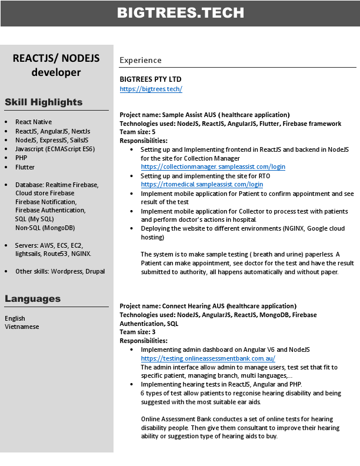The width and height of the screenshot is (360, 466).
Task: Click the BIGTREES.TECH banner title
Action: point(180,13)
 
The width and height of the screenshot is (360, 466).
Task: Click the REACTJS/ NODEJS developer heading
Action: point(56,65)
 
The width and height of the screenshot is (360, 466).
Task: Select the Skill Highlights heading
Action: point(44,102)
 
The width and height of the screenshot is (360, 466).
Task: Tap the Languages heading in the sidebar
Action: point(32,299)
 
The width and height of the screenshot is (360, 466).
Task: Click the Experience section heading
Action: point(140,60)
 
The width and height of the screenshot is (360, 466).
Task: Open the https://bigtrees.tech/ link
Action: point(151,89)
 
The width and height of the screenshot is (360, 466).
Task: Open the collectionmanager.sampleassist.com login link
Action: point(212,167)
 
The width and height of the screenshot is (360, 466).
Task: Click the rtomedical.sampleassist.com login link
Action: point(202,184)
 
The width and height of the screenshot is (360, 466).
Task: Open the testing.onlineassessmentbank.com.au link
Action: point(208,358)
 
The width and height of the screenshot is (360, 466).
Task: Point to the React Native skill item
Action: point(34,122)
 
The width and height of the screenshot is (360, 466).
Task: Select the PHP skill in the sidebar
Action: point(21,158)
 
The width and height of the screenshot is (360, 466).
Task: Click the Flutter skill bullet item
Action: point(25,167)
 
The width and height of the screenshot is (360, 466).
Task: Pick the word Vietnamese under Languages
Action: point(22,327)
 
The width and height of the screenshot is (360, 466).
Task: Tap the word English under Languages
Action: point(15,318)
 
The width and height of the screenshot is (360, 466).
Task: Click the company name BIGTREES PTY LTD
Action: point(151,79)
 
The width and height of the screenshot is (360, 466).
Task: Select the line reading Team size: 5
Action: point(138,132)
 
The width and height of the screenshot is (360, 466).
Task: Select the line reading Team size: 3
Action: point(138,332)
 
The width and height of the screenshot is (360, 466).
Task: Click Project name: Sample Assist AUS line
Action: point(204,115)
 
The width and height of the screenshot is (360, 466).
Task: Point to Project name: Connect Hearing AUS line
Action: point(208,306)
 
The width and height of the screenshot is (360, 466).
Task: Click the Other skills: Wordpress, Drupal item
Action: point(60,271)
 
